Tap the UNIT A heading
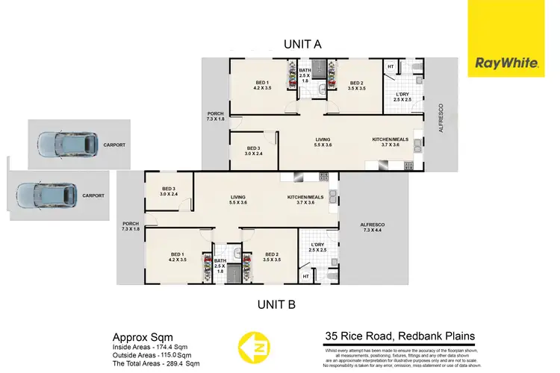(x=302, y=44)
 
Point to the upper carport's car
(x=68, y=142)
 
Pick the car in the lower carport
(x=47, y=195)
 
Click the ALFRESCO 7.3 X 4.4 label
(x=372, y=226)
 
